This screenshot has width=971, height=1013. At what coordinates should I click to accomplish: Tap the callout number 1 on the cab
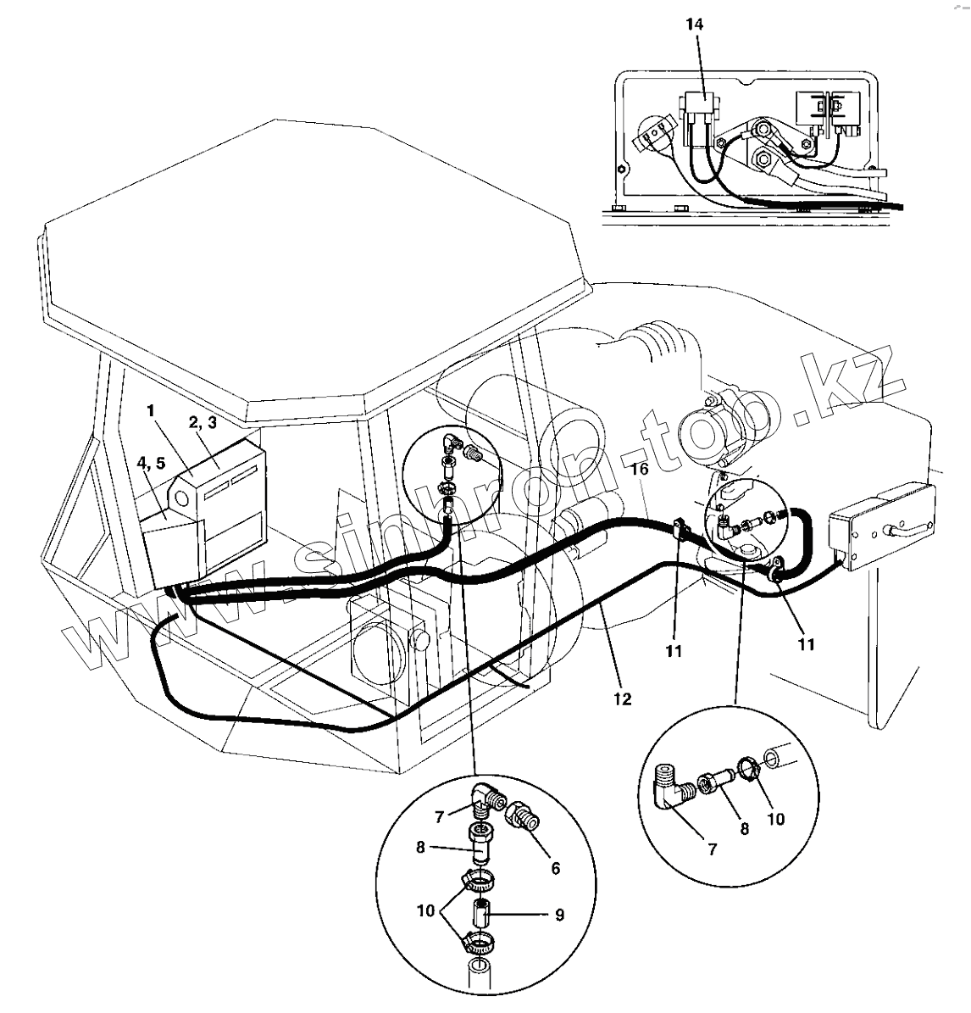(150, 411)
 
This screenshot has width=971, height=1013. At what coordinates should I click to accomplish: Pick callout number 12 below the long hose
(623, 699)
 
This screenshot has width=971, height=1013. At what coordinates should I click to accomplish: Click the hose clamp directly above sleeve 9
(479, 882)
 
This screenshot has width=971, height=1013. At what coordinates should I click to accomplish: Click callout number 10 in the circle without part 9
(775, 819)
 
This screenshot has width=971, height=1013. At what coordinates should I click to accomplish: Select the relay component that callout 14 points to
(696, 114)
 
